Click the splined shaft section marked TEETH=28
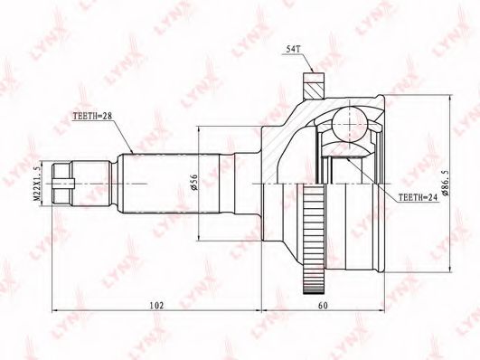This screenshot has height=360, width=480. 154,182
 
